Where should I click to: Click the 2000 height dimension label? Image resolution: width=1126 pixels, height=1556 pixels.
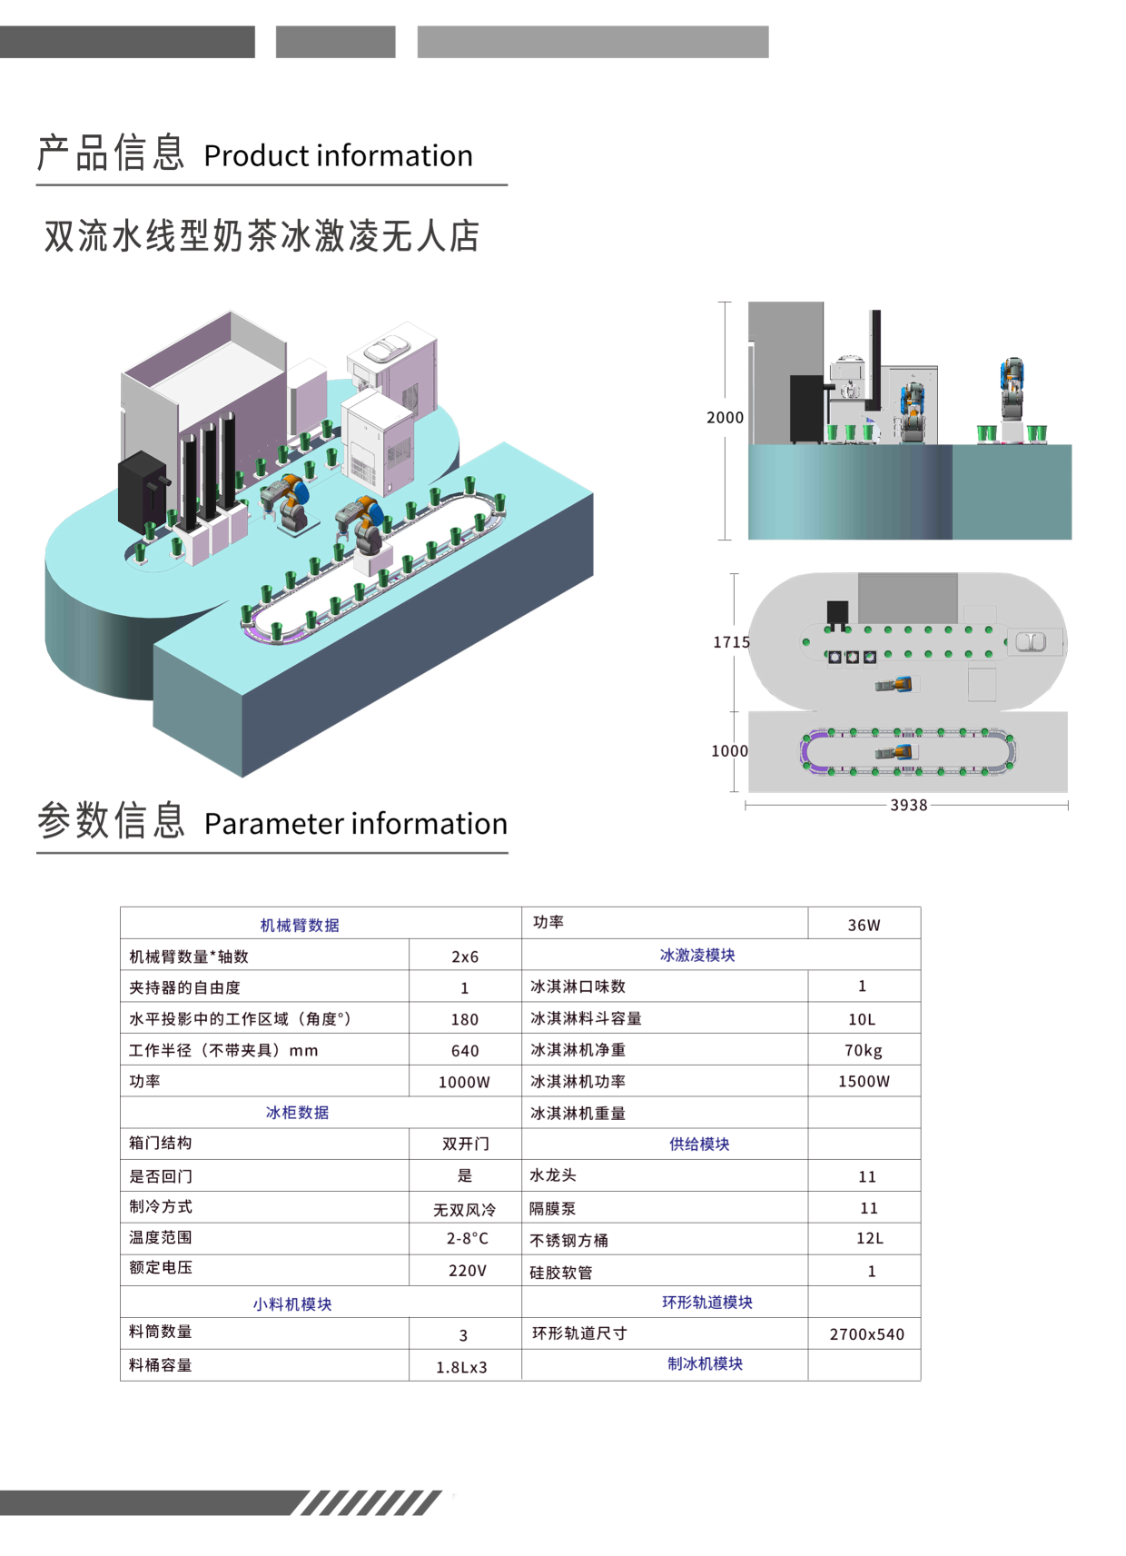click(725, 417)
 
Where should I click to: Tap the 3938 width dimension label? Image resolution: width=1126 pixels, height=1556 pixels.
click(908, 805)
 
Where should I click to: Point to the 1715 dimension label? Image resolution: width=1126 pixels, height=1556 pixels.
click(731, 642)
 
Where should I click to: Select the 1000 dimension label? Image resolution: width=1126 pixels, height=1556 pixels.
click(729, 750)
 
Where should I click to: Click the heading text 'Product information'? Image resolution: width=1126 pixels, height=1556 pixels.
click(338, 155)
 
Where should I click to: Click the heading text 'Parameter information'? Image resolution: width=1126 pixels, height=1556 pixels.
click(355, 823)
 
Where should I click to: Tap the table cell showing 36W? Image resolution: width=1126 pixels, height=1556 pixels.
click(864, 925)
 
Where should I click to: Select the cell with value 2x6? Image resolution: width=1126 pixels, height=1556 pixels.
click(465, 956)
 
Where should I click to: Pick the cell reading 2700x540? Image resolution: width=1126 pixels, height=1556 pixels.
click(866, 1333)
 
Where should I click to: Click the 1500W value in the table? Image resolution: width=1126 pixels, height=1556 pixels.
click(864, 1081)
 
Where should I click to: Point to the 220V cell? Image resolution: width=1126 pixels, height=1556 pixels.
click(467, 1270)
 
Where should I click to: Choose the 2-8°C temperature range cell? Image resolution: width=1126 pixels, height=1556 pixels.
click(467, 1238)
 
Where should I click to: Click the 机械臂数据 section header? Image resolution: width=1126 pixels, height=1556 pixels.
click(300, 925)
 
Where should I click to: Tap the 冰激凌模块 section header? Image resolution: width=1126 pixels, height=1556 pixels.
click(697, 955)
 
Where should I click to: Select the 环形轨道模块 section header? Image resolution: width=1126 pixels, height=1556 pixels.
click(706, 1302)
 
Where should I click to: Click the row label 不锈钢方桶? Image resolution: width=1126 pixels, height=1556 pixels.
click(568, 1240)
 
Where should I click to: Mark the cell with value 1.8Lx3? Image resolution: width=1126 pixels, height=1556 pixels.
click(461, 1366)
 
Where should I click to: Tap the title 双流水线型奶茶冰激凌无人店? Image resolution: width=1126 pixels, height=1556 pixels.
click(262, 236)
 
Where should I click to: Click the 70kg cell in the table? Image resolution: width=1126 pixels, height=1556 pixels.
click(863, 1050)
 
